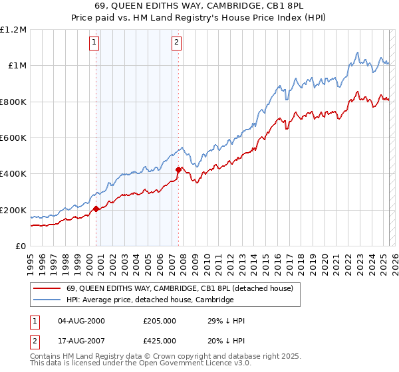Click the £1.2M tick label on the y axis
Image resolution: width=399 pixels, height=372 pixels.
(13, 29)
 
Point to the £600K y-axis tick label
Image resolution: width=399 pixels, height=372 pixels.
(13, 138)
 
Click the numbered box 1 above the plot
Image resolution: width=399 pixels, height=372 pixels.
(94, 43)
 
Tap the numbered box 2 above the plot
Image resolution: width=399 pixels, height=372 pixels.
(176, 43)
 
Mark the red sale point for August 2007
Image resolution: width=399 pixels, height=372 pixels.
(178, 169)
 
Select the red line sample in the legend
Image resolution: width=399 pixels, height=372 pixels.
(47, 288)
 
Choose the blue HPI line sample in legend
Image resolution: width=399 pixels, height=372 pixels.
(47, 300)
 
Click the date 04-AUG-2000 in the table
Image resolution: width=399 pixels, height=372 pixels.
(82, 321)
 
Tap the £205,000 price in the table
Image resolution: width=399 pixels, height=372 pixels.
(160, 321)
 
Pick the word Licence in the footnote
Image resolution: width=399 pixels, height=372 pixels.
(199, 365)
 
